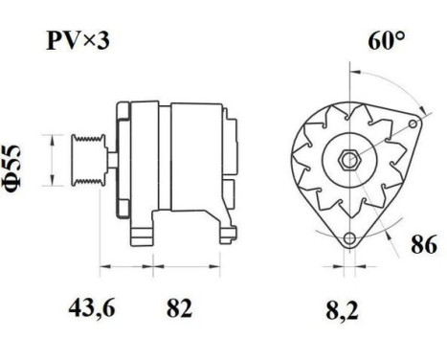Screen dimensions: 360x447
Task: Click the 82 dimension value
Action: click(x=179, y=308)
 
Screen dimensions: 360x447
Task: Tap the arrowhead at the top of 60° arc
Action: click(x=352, y=71)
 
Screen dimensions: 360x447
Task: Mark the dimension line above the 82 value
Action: click(x=179, y=264)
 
